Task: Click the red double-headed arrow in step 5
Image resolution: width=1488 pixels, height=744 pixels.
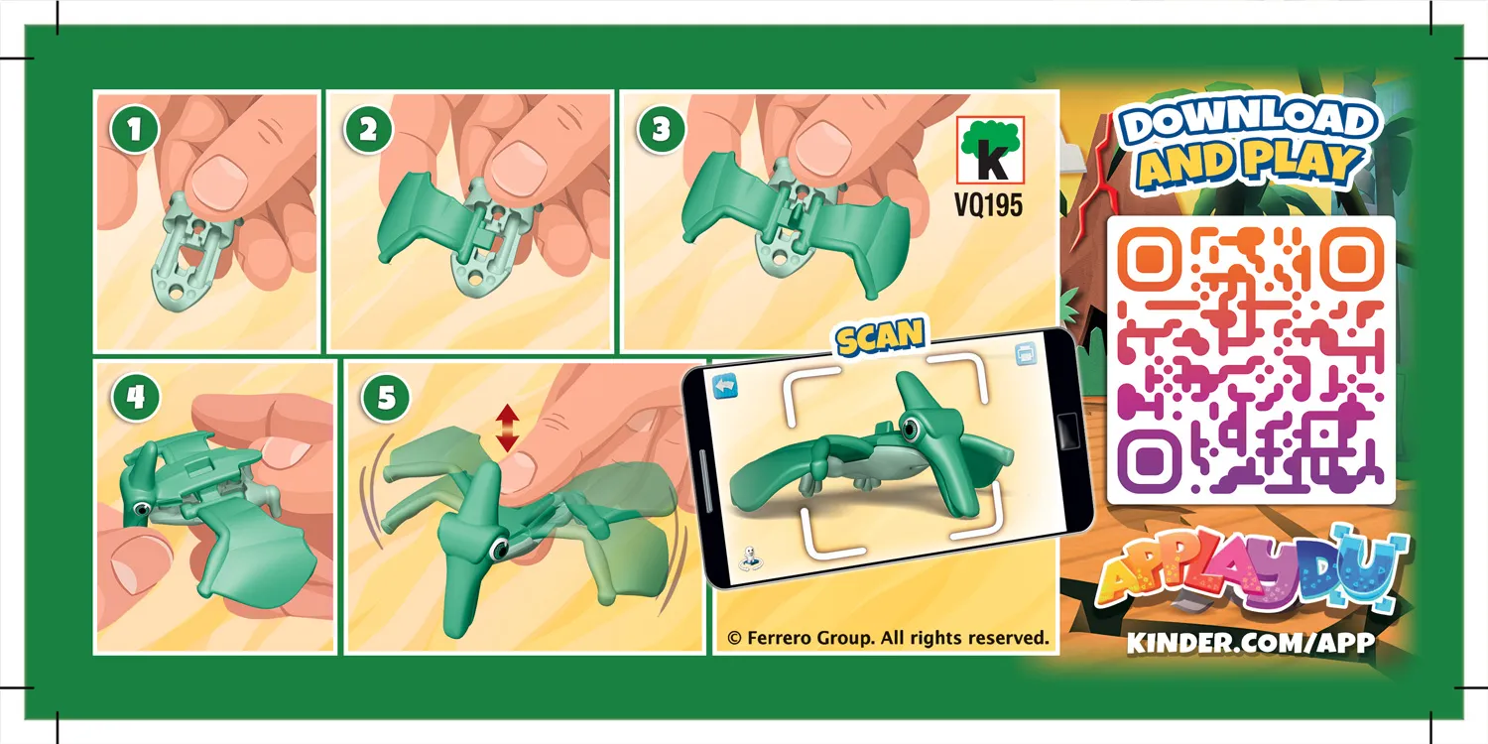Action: pyautogui.click(x=507, y=429)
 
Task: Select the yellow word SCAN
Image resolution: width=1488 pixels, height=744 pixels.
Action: pyautogui.click(x=879, y=338)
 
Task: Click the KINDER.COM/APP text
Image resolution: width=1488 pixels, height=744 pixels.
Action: pyautogui.click(x=1250, y=643)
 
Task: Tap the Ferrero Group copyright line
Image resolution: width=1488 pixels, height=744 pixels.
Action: pyautogui.click(x=887, y=638)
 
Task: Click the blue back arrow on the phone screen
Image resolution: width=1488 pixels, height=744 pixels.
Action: pyautogui.click(x=727, y=383)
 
